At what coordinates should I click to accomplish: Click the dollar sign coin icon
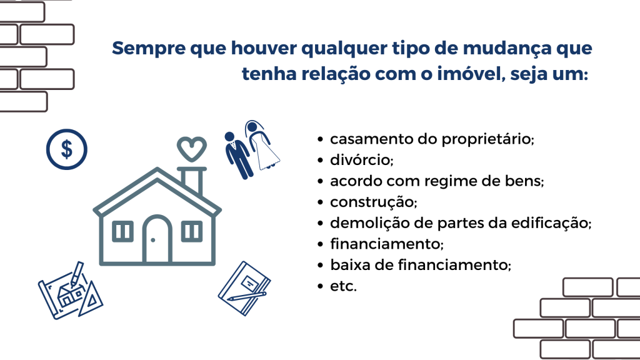[x=66, y=149]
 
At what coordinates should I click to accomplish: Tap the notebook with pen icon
[x=244, y=289]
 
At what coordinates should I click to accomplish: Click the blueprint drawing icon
[x=70, y=291]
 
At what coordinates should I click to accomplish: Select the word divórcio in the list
[x=362, y=159]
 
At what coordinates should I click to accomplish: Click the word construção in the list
[x=374, y=202]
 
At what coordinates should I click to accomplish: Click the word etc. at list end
[x=343, y=286]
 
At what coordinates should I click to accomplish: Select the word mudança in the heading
[x=507, y=49]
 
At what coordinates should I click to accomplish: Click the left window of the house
[x=122, y=231]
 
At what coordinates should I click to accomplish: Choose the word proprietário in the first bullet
[x=488, y=139]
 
